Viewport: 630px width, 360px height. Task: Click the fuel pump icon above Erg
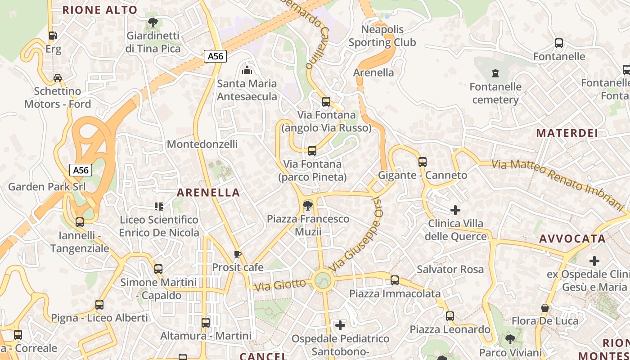[53, 35]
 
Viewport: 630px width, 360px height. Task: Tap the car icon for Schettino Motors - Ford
[58, 77]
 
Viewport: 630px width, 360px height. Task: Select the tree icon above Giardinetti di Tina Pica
[153, 22]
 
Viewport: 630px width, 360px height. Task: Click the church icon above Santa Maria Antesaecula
[247, 70]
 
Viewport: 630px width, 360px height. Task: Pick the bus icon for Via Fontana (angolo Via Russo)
[326, 102]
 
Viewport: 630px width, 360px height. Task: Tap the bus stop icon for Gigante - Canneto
[422, 162]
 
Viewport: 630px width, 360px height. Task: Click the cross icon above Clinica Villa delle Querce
[455, 210]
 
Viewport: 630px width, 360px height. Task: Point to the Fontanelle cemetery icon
[495, 73]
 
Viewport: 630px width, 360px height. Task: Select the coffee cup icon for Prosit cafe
[237, 254]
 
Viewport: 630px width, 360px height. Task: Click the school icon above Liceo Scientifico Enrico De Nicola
[158, 207]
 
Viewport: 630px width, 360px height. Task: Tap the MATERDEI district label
[567, 133]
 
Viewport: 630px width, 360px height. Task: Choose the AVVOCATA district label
[572, 238]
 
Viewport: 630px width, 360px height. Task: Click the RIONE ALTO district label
[100, 10]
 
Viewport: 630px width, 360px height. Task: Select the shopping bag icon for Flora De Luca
[545, 308]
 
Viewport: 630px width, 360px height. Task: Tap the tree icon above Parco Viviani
[510, 339]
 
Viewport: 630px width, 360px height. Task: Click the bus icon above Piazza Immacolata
[395, 280]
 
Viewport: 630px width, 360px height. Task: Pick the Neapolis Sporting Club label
[382, 36]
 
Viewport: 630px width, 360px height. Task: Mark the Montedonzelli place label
[202, 144]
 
